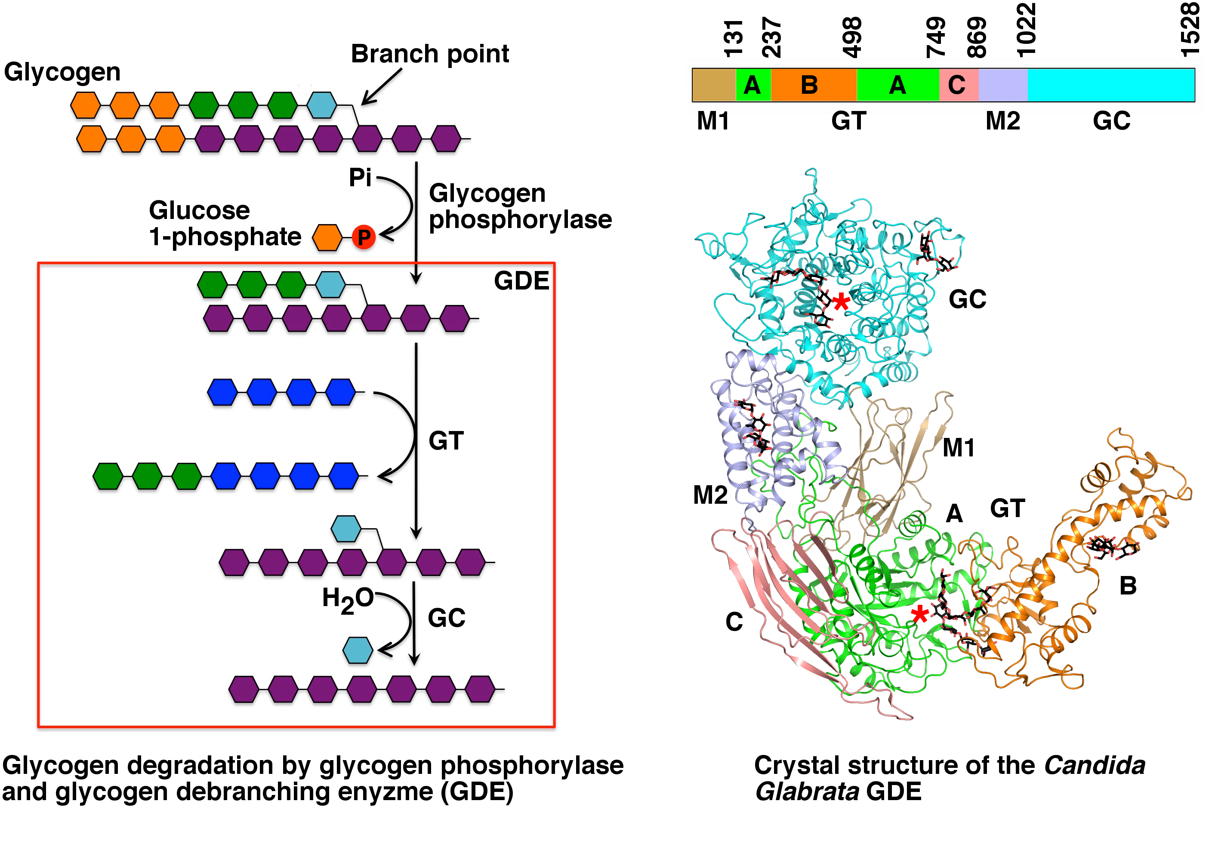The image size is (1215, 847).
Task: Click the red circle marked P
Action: (x=364, y=237)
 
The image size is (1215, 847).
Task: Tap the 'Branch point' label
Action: (x=430, y=53)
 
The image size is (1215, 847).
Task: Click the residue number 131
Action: (x=734, y=39)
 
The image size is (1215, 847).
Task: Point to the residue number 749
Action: (x=936, y=37)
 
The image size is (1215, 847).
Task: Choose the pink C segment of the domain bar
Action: (x=958, y=85)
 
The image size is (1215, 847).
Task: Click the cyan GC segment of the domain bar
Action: (x=1111, y=85)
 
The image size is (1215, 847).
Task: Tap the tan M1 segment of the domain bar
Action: (x=713, y=85)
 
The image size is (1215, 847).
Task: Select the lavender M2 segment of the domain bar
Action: (x=1003, y=85)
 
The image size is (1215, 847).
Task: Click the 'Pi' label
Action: (x=360, y=177)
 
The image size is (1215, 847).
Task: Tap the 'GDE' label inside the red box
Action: (x=521, y=280)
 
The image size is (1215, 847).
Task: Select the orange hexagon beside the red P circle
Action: (x=327, y=237)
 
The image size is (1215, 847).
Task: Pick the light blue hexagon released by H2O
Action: (x=358, y=650)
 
